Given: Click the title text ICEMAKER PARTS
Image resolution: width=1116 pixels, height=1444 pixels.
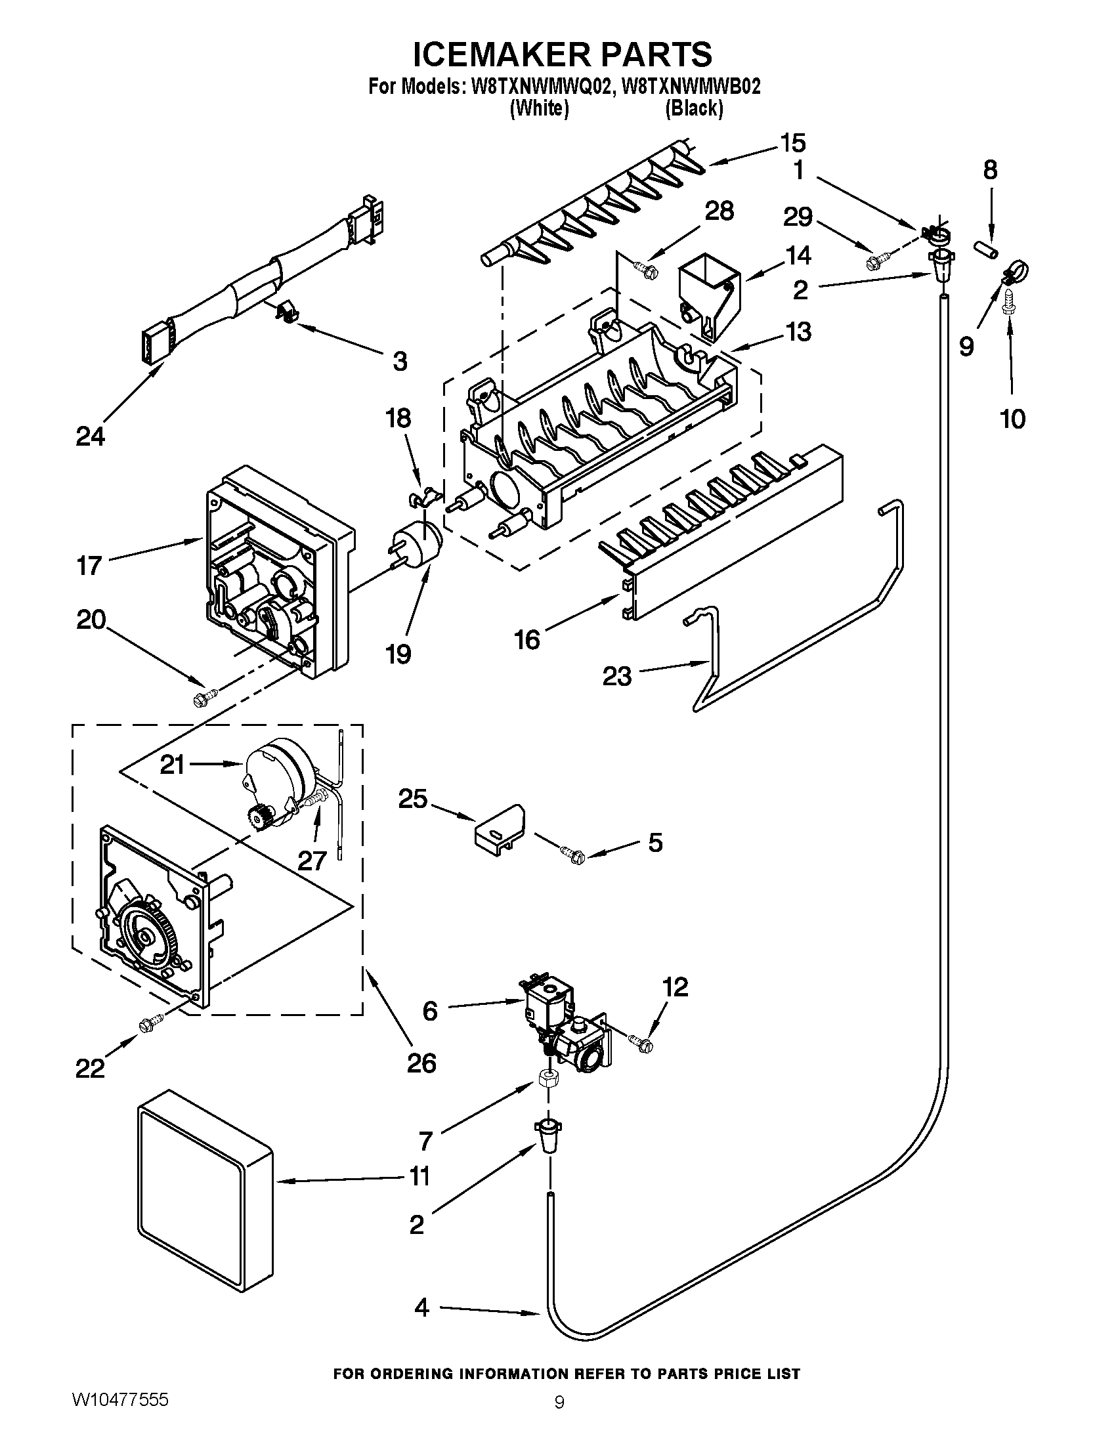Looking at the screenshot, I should [563, 54].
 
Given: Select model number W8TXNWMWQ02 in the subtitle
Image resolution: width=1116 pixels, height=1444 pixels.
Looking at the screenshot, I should [538, 87].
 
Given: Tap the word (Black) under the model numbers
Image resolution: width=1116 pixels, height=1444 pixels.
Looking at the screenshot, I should [693, 108].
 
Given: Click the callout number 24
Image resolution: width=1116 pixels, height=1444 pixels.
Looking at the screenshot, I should [90, 436].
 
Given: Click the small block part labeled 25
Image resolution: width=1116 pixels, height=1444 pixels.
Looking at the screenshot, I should [499, 826].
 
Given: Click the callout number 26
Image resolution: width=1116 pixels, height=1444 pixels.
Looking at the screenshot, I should [421, 1063].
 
